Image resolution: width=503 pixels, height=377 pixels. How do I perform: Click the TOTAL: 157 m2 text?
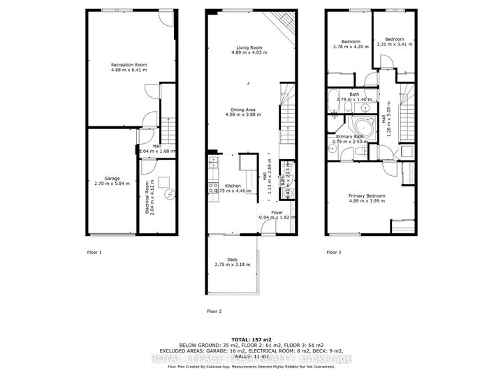point(251,338)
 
